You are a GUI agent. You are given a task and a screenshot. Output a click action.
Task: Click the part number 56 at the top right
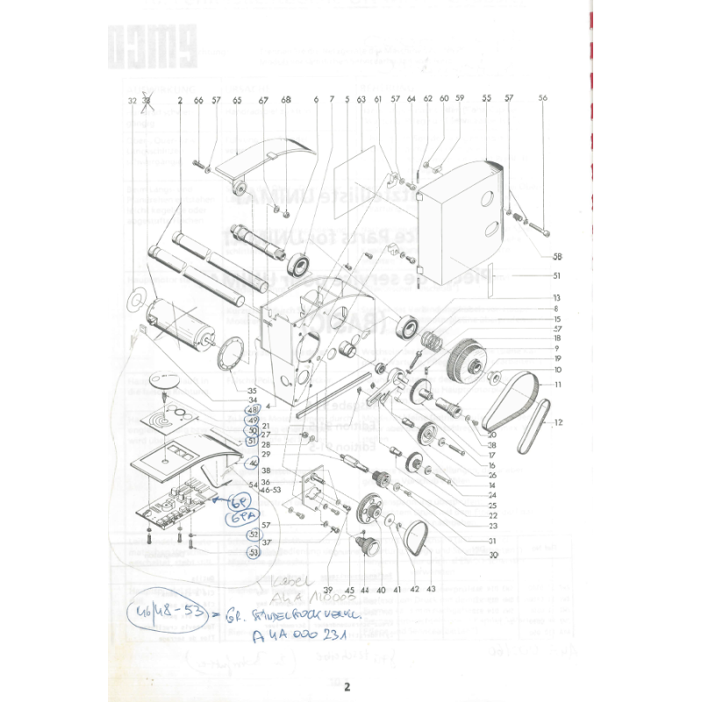542,99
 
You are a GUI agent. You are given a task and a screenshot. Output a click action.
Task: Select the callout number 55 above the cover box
486,99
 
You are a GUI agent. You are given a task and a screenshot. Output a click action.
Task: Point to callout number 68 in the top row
285,100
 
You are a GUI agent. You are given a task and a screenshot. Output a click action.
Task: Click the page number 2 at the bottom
347,686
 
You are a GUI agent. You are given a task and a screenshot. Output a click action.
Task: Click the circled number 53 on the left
254,553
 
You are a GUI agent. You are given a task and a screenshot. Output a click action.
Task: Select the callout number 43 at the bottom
431,589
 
